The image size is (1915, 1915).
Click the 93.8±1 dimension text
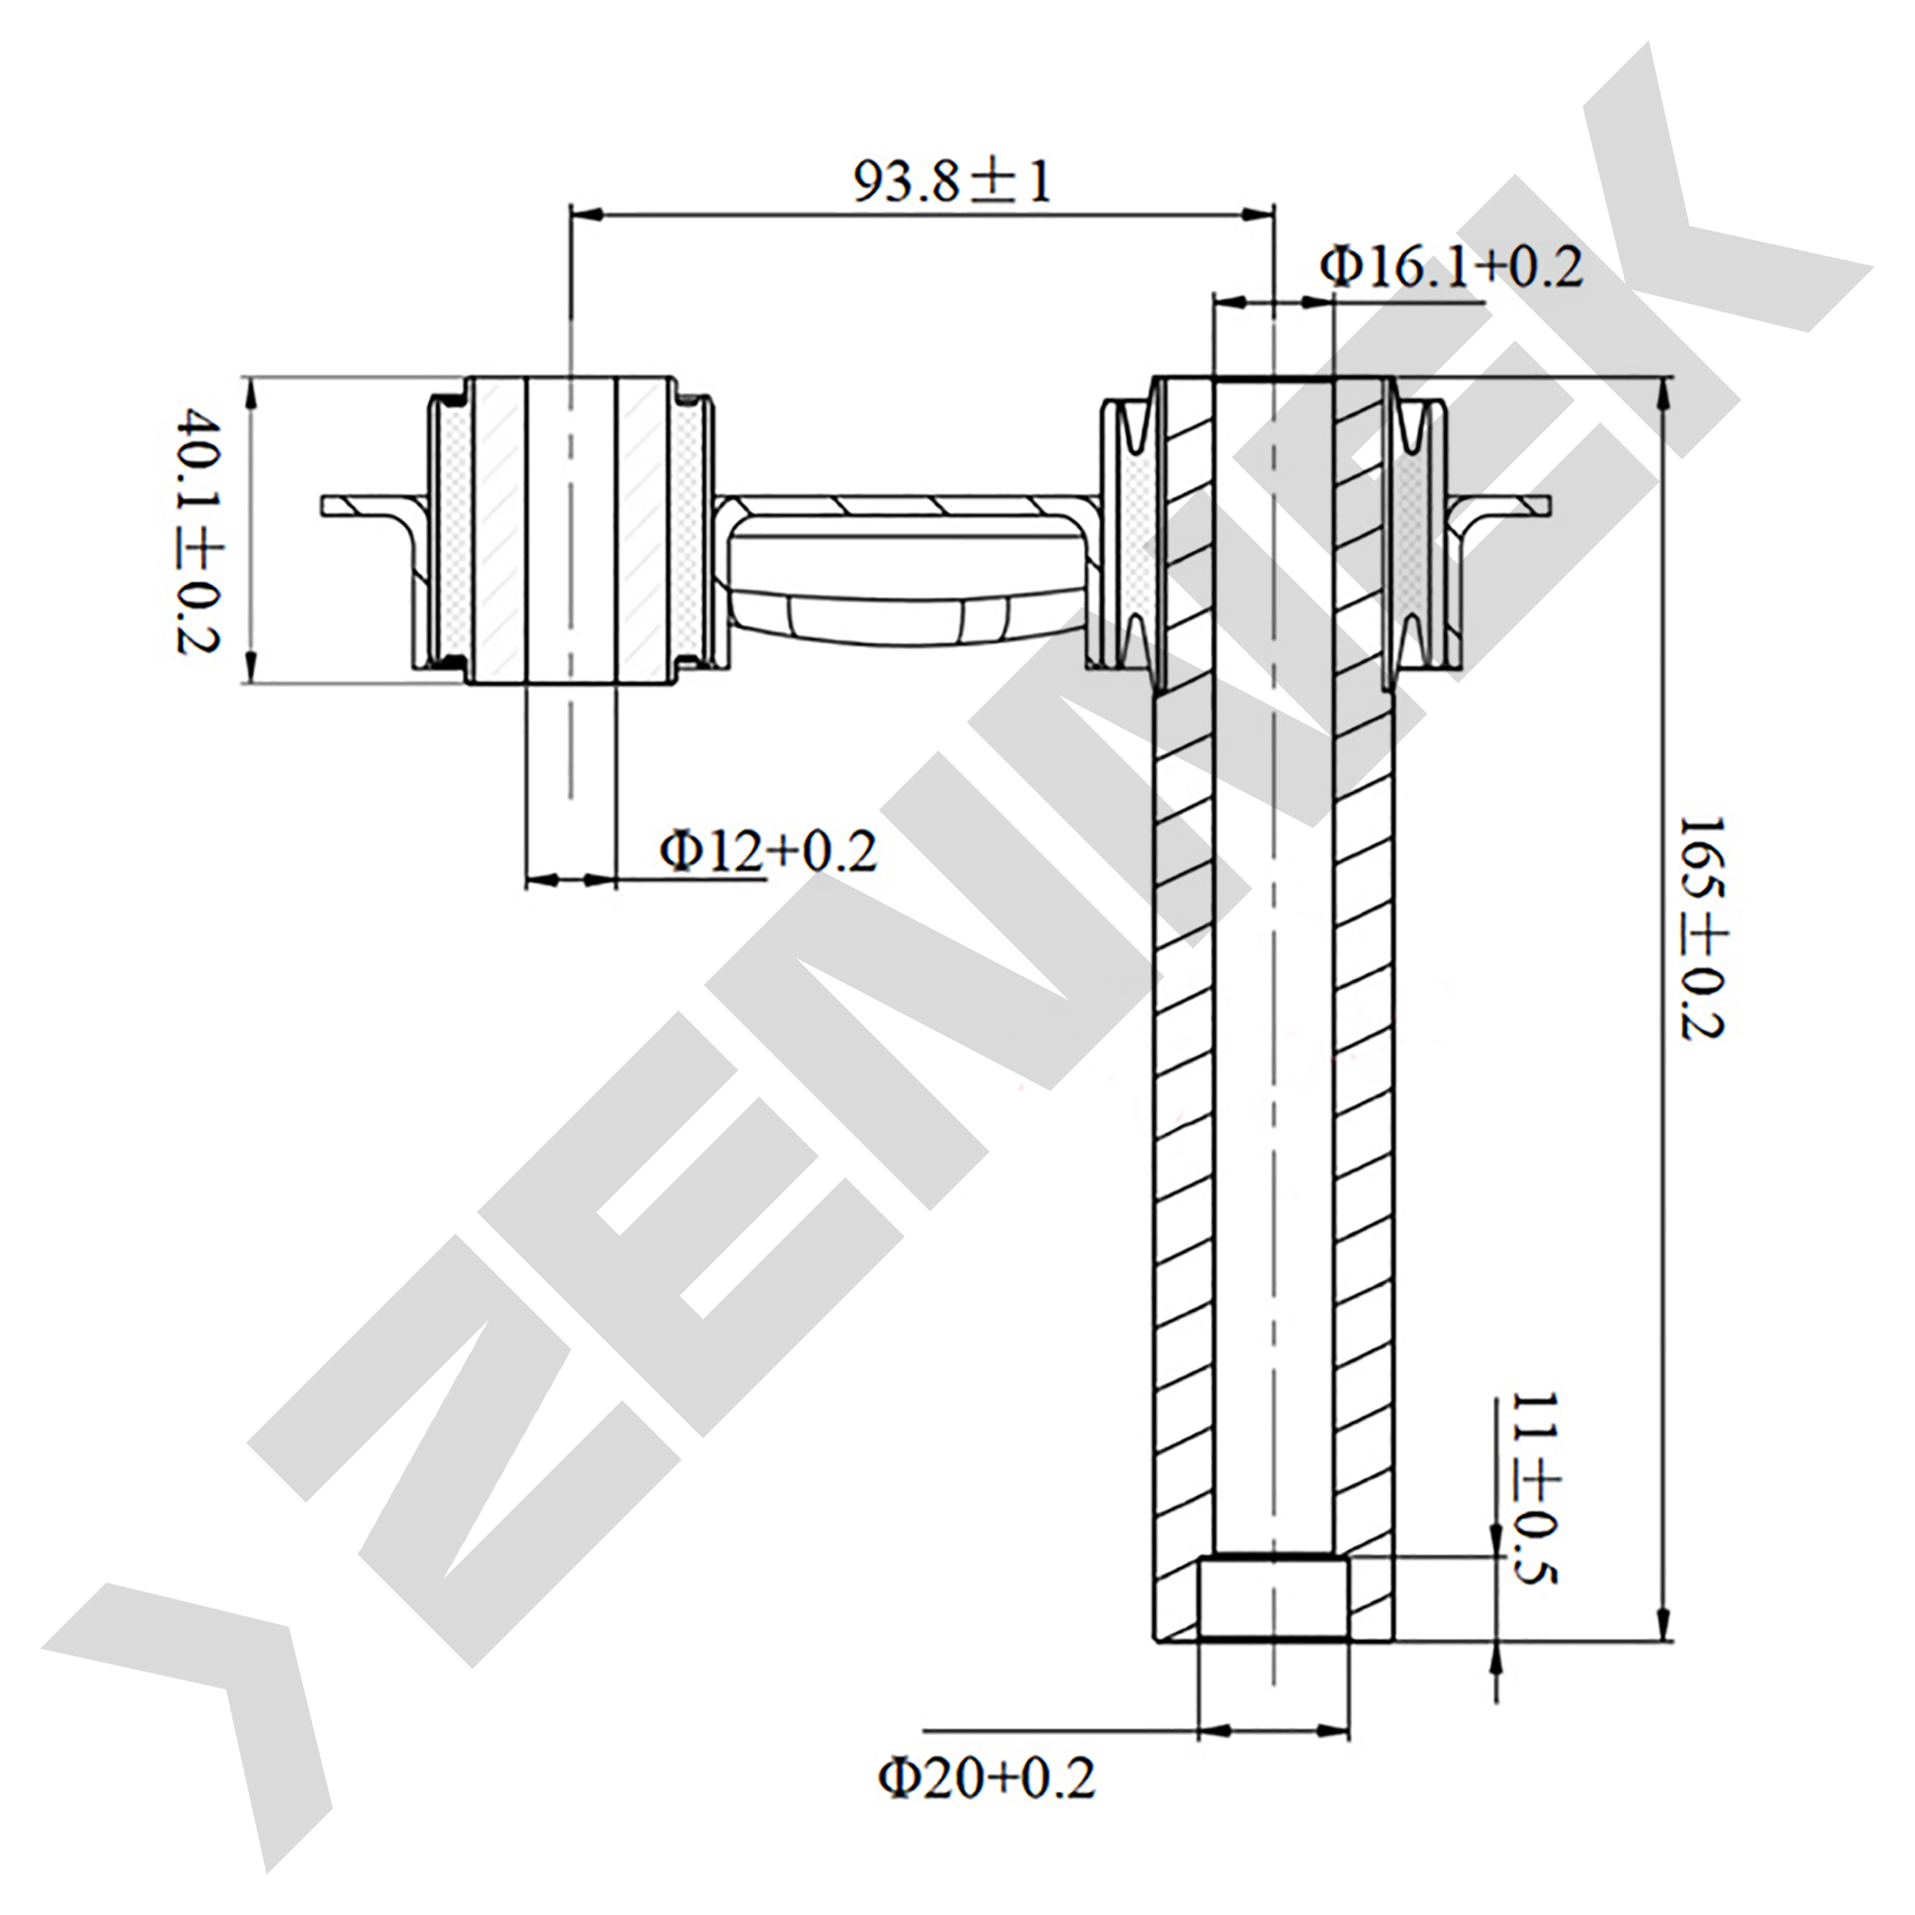(951, 182)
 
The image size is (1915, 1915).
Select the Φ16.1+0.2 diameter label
(1451, 267)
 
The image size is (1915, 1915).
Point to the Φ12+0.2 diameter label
(769, 850)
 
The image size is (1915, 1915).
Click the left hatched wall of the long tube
(1184, 1090)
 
